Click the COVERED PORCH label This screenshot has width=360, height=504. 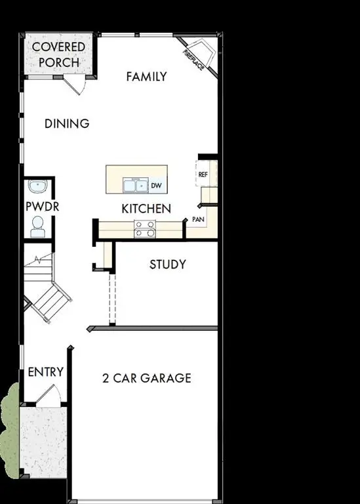point(58,54)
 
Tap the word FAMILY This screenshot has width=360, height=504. point(146,77)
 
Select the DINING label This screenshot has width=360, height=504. point(67,123)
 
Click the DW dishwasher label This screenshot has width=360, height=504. point(156,186)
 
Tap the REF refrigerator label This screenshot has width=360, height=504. point(203,175)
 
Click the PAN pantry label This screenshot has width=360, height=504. point(197,219)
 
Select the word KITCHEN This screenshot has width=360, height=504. point(146,209)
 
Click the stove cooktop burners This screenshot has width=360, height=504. point(145,228)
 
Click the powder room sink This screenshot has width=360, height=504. point(38,187)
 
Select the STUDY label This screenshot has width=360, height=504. point(167,264)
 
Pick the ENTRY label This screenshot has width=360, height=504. point(46,372)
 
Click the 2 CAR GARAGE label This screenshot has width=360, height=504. point(147,378)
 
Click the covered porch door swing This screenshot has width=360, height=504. point(77,85)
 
